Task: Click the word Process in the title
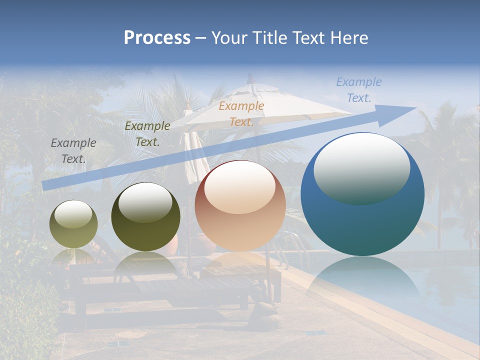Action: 157,38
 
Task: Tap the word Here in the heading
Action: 349,38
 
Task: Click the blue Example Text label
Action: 359,90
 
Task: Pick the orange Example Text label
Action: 241,113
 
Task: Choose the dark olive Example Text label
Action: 147,133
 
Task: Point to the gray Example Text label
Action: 73,150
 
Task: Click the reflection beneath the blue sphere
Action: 363,280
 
